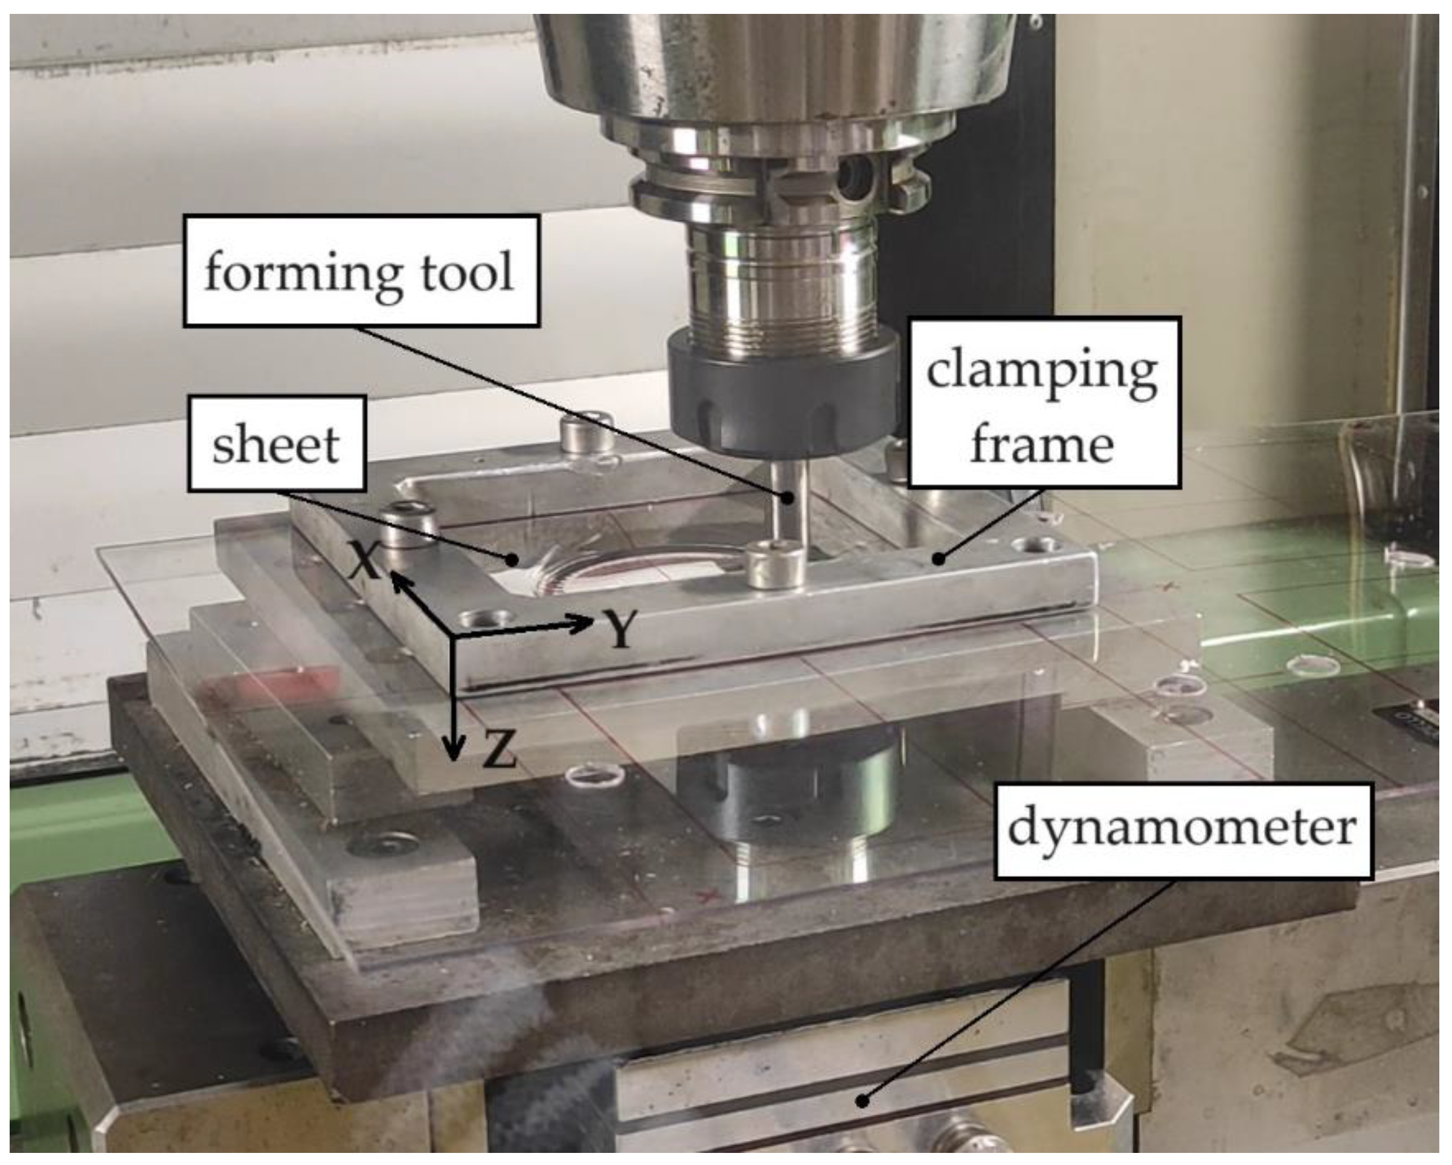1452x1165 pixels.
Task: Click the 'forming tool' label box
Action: (362, 271)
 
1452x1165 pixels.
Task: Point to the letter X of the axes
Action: (365, 562)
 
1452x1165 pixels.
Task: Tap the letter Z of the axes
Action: (499, 749)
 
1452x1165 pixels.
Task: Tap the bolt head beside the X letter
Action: (406, 524)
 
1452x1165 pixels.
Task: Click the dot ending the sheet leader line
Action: (513, 558)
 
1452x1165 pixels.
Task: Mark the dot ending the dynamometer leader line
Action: (861, 1100)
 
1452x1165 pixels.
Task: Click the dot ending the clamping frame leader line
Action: (938, 558)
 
